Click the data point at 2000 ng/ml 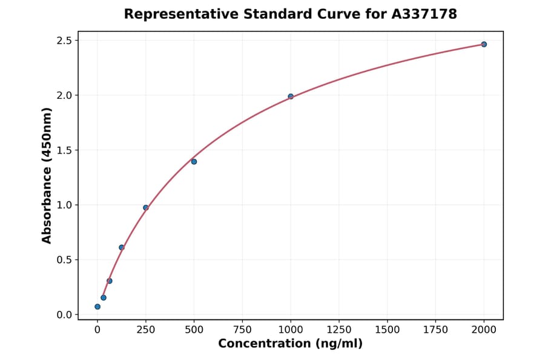(484, 44)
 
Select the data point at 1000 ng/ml (291, 96)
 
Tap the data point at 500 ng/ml (194, 162)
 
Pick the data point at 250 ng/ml (145, 208)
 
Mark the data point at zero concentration (97, 307)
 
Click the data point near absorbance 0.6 (121, 247)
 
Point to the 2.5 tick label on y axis (64, 41)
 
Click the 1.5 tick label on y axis (64, 150)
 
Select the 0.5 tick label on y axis (64, 260)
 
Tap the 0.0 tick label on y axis (64, 315)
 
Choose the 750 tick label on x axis (242, 330)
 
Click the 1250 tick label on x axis (339, 330)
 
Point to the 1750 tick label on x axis (435, 330)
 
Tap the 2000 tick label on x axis (484, 330)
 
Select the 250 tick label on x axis (145, 330)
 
